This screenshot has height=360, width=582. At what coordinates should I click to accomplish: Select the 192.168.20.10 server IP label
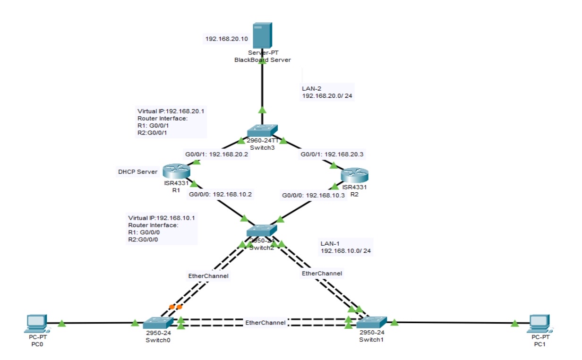[227, 39]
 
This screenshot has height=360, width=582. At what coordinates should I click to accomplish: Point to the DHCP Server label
[137, 172]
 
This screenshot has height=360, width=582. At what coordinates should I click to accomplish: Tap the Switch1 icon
[372, 322]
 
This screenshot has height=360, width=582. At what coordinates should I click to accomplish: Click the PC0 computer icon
[36, 323]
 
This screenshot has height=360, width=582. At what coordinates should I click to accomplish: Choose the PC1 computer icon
[541, 323]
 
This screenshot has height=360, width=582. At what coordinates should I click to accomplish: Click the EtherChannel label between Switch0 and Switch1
[265, 322]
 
